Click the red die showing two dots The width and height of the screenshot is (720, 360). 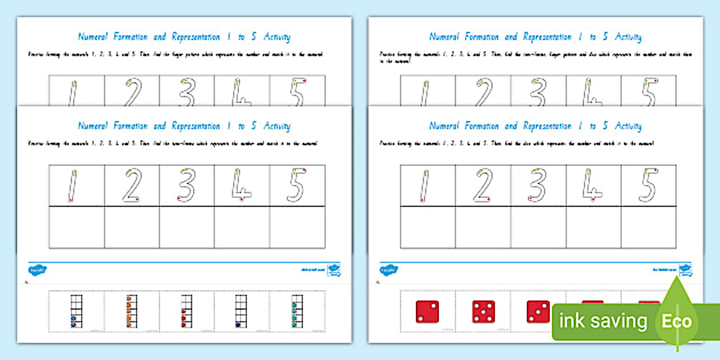(x=427, y=311)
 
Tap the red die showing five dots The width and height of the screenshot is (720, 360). (x=483, y=311)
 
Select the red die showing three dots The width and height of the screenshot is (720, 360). (x=538, y=311)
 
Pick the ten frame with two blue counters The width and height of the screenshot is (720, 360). (x=75, y=311)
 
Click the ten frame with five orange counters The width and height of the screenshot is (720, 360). (x=131, y=311)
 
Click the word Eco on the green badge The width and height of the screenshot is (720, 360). (x=677, y=321)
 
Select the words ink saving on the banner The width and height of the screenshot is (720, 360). (x=603, y=321)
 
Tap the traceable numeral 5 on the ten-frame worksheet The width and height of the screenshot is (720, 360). (x=297, y=186)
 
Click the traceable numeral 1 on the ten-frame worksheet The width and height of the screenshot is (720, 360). (x=72, y=186)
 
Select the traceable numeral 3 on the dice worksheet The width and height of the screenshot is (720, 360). (x=538, y=186)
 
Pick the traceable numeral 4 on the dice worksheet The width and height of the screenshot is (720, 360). (x=593, y=186)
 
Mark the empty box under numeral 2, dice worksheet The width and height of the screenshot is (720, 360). (x=483, y=227)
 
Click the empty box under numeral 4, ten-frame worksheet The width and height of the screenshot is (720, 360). (x=242, y=227)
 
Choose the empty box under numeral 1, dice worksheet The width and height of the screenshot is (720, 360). (x=427, y=227)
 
